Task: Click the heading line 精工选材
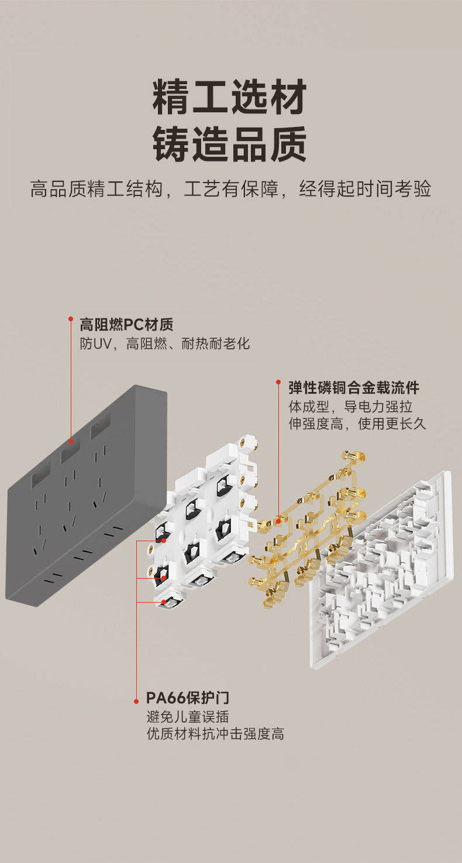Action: pos(230,98)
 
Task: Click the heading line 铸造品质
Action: pos(230,145)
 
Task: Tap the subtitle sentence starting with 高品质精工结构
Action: pos(230,190)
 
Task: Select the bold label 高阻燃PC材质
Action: pos(126,324)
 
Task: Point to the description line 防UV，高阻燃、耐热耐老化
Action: pos(164,343)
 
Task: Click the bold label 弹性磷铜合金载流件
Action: pos(354,387)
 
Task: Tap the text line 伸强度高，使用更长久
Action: pos(357,424)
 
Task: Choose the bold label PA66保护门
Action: pos(187,697)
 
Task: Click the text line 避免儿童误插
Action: pos(187,716)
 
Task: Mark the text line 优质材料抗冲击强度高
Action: pos(215,734)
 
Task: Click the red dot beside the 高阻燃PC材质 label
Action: pos(71,319)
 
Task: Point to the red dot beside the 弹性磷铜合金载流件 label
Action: pos(278,382)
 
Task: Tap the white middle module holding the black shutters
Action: pos(205,515)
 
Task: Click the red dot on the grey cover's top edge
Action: pos(71,442)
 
